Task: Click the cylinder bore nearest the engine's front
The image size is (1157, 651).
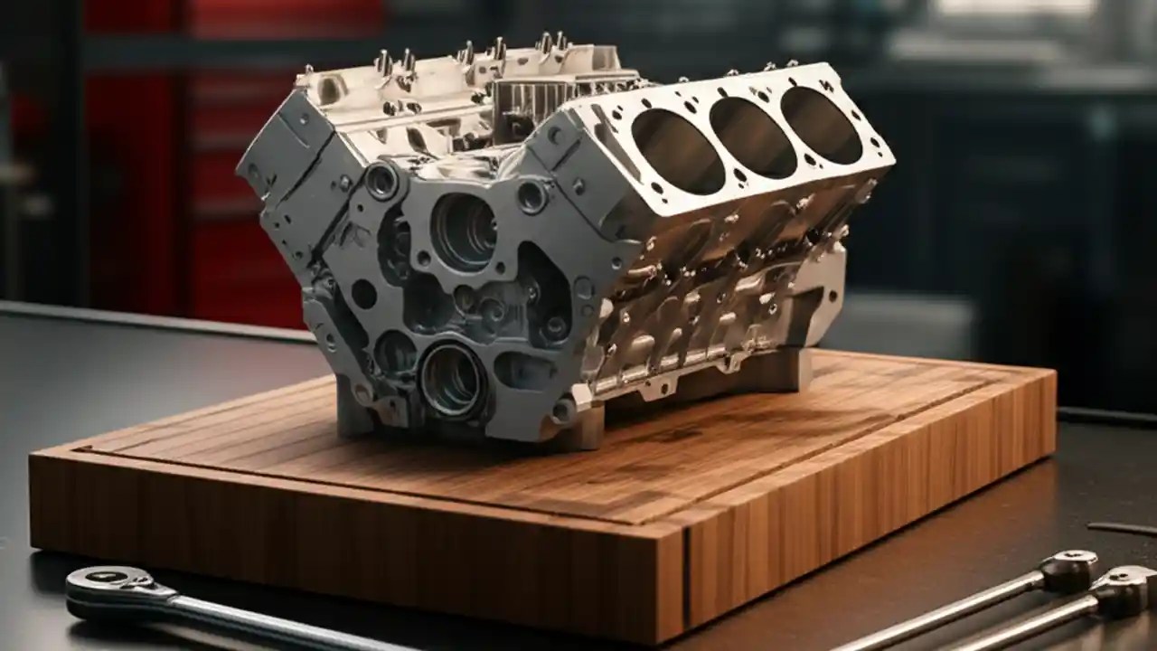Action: coord(677,151)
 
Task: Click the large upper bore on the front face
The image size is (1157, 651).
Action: coord(463,231)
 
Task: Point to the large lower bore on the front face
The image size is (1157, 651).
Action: coord(453,378)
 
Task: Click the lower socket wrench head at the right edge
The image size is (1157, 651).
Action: coord(1125,588)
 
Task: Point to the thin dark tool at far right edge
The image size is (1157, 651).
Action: coord(1121,528)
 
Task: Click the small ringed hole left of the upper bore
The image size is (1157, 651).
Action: coord(381,181)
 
